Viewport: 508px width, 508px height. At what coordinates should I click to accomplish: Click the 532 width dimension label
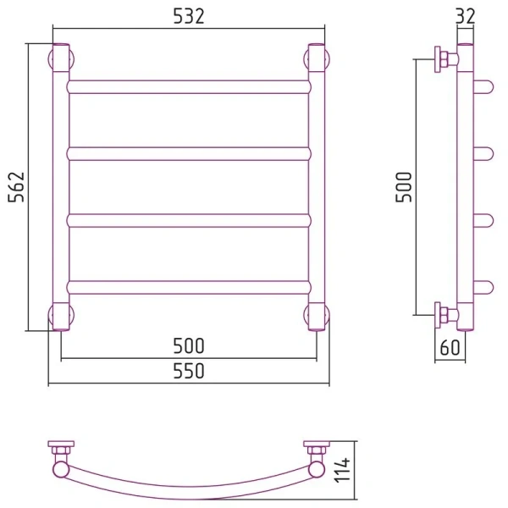pos(189,16)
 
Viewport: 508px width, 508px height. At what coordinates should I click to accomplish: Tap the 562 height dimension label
pos(16,187)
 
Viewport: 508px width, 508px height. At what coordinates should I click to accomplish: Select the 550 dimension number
pos(189,371)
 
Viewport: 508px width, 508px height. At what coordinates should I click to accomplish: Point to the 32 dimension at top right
pos(465,15)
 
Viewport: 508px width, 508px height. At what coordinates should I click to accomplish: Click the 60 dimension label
pos(450,348)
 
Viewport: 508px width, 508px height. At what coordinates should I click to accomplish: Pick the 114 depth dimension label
pos(342,470)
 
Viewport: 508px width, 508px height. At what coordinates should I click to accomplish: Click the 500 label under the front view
pos(189,345)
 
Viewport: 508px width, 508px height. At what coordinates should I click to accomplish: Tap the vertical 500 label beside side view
pos(404,187)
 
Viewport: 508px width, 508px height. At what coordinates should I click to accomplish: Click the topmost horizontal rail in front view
pos(189,87)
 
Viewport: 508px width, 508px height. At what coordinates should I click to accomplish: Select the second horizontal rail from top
pos(189,154)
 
